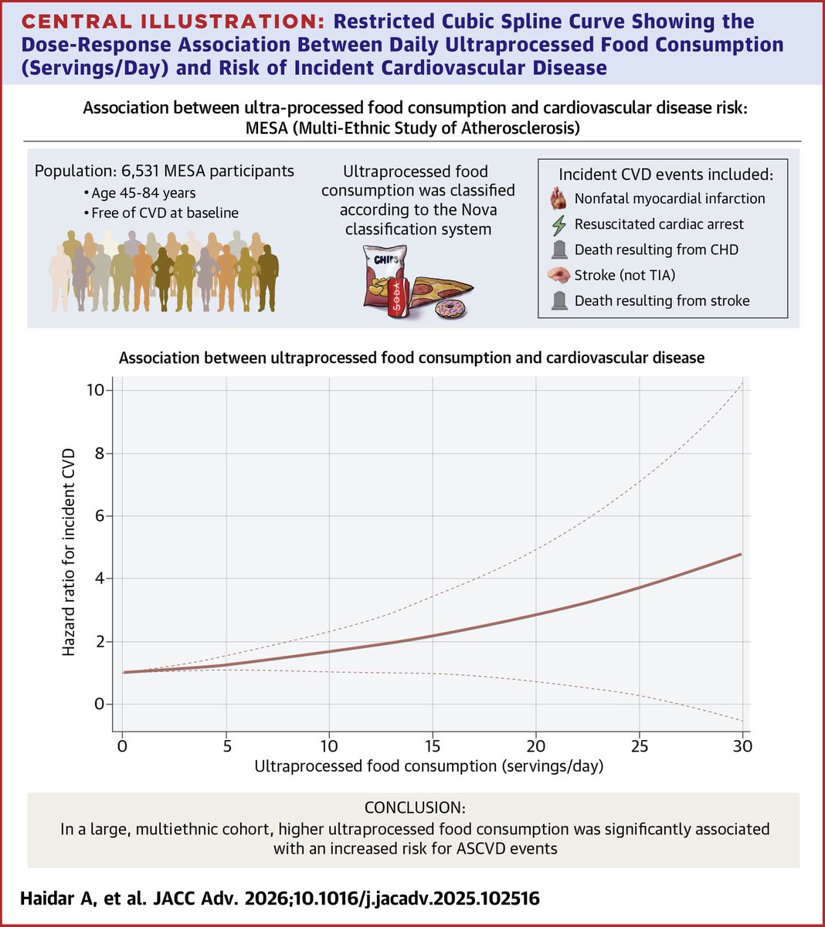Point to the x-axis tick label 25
coord(639,746)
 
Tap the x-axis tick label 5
coord(226,746)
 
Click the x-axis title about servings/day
coord(429,766)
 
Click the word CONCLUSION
coord(415,808)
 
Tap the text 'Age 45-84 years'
coord(143,193)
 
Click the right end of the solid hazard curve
coord(741,555)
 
